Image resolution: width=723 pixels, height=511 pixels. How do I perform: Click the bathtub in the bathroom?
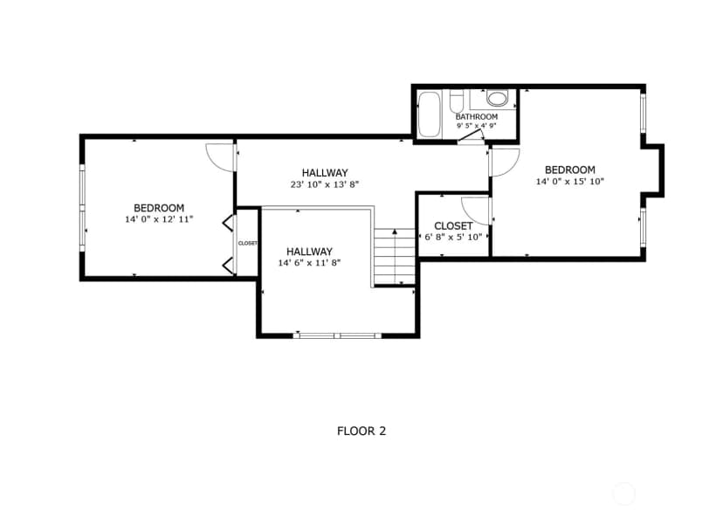(x=430, y=114)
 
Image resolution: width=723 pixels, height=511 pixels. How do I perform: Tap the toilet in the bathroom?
(x=456, y=101)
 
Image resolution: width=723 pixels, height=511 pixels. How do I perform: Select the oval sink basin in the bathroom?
(x=497, y=98)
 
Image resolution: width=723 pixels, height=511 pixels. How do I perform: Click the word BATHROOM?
(x=476, y=117)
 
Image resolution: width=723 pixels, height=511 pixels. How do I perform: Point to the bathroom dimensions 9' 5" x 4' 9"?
(x=476, y=126)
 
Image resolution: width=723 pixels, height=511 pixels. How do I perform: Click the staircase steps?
(x=394, y=257)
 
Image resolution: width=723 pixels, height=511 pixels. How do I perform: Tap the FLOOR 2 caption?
(x=361, y=432)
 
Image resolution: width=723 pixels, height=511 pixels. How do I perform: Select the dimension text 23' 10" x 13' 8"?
(x=325, y=184)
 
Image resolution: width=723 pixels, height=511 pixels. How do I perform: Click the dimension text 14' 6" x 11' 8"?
(x=309, y=263)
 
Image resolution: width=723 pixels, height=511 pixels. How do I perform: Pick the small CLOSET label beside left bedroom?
(x=248, y=243)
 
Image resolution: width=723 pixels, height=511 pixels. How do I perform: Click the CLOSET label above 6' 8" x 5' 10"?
(x=453, y=226)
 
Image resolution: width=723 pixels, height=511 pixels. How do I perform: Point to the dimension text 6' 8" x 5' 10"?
(x=453, y=237)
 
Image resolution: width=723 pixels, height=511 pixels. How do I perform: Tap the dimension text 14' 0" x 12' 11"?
(x=159, y=219)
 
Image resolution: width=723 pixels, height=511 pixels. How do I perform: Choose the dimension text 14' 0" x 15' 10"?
(x=570, y=181)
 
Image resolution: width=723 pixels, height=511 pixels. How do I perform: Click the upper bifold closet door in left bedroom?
(x=228, y=223)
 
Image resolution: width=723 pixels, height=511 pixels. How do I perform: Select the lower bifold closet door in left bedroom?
(x=228, y=266)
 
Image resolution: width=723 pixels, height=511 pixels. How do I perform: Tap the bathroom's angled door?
(x=471, y=135)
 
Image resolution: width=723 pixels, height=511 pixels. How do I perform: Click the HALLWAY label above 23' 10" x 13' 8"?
(x=325, y=173)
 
